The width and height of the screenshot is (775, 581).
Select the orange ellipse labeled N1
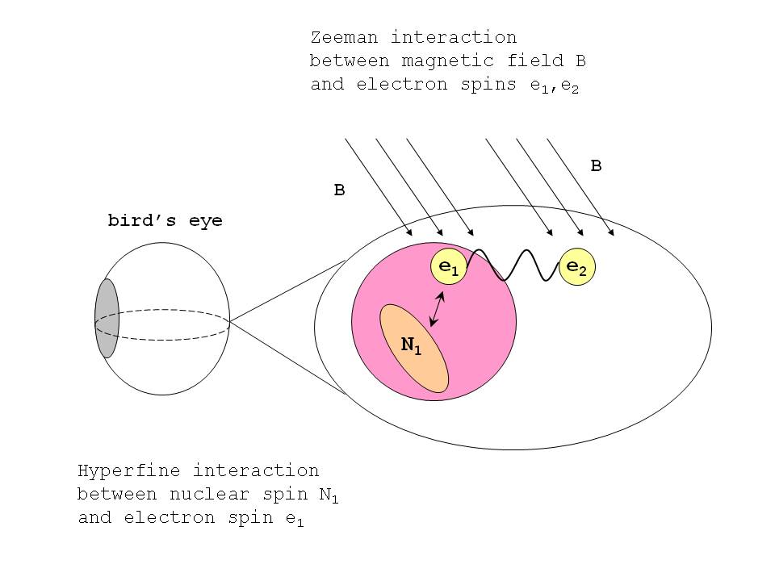[x=413, y=348]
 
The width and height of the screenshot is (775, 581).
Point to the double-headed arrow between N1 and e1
[x=437, y=309]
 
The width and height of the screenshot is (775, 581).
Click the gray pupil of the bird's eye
[x=107, y=319]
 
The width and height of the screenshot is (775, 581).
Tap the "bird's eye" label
[x=165, y=220]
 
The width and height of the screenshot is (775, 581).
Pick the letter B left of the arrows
[x=340, y=191]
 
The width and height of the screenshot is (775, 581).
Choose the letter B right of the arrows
[x=596, y=166]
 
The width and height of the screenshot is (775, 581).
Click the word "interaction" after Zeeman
[x=454, y=37]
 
